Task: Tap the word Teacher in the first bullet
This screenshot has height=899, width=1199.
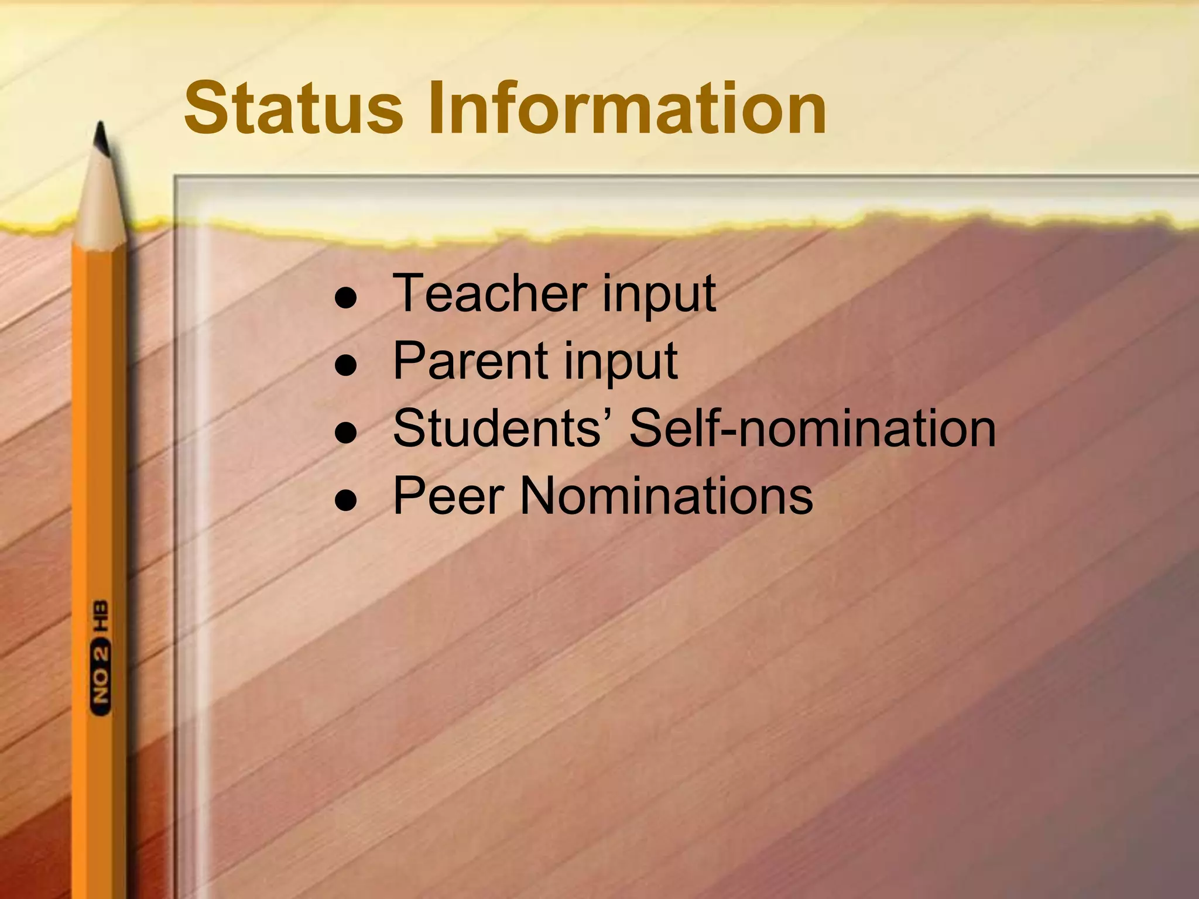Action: point(489,293)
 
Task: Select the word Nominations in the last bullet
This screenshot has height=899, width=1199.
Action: point(667,496)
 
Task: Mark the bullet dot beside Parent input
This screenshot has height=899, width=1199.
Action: point(346,365)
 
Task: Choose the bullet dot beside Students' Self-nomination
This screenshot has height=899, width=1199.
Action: point(346,433)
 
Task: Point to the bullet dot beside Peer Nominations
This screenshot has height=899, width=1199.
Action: point(346,500)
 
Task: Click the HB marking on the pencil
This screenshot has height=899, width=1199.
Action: point(101,615)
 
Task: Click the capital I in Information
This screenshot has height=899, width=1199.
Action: point(437,109)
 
